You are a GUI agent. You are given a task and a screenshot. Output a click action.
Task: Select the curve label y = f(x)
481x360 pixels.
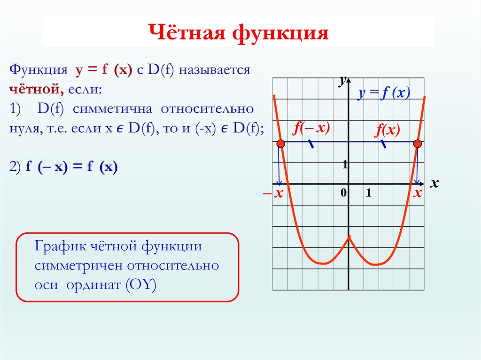point(383,93)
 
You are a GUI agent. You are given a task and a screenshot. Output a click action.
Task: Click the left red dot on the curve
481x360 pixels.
point(280,144)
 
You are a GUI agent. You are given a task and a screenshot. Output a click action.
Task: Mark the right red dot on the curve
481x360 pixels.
point(417,144)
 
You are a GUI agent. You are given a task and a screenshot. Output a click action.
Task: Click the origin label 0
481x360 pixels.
point(343,193)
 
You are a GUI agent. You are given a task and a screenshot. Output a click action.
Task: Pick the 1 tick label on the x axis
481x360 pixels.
point(369,193)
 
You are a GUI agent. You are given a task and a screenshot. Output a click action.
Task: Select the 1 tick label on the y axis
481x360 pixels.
point(344,164)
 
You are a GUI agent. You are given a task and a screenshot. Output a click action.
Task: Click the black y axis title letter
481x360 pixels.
point(343,81)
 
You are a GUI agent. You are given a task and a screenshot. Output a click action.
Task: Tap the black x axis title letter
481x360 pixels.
point(434,184)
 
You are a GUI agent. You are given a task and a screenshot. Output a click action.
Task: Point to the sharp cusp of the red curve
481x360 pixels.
point(349,238)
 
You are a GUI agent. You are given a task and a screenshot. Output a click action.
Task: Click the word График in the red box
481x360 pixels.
point(57,246)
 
